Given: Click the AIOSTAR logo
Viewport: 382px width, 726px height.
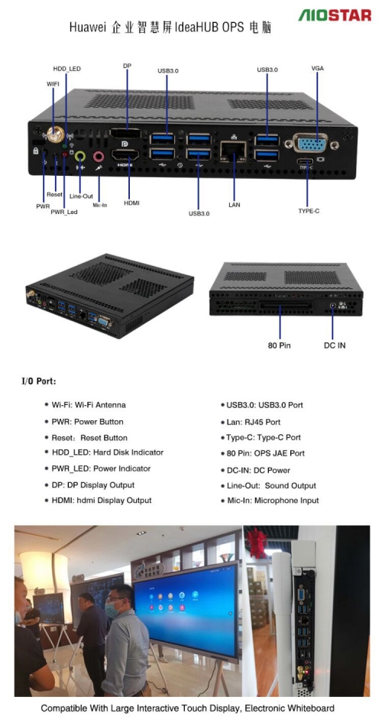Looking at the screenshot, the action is [335, 15].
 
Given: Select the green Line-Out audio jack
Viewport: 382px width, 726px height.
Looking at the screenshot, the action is [80, 156].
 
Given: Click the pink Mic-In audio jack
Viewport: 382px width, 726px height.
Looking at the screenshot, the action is [99, 157].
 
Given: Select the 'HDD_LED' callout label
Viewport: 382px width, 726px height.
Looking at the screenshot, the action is [66, 69].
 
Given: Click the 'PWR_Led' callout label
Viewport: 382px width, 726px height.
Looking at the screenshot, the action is [64, 212].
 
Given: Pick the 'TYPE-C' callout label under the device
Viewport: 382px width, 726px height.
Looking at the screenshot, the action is [309, 211].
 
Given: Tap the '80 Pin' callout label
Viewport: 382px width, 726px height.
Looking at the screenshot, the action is [279, 345].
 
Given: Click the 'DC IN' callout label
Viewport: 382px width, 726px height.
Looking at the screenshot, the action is [335, 345].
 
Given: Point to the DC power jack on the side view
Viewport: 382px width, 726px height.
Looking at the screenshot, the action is [332, 306].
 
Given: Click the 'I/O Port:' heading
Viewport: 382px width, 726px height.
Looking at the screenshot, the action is [39, 382].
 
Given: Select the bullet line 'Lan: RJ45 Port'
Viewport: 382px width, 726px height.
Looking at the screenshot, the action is [253, 423].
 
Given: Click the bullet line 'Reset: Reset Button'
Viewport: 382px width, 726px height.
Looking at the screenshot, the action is [86, 438].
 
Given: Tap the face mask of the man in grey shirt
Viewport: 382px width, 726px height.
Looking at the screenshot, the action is [112, 611].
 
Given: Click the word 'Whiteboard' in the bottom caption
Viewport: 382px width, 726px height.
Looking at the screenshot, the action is [311, 708].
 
